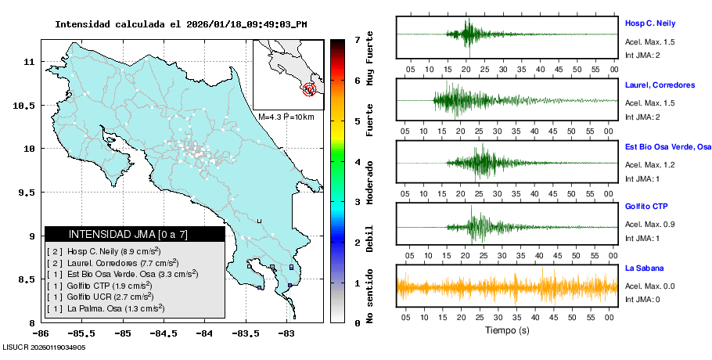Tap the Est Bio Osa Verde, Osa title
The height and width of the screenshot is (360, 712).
(668, 146)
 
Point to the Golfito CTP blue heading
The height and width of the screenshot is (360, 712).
(646, 207)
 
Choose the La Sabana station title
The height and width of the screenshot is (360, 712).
(644, 268)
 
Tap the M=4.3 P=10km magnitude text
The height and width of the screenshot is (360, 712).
(286, 117)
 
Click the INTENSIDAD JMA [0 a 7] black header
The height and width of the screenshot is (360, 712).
(135, 234)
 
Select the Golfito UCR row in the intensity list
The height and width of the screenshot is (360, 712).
(110, 297)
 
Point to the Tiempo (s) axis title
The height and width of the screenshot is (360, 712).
(507, 330)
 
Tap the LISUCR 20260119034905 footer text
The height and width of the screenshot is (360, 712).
(44, 347)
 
